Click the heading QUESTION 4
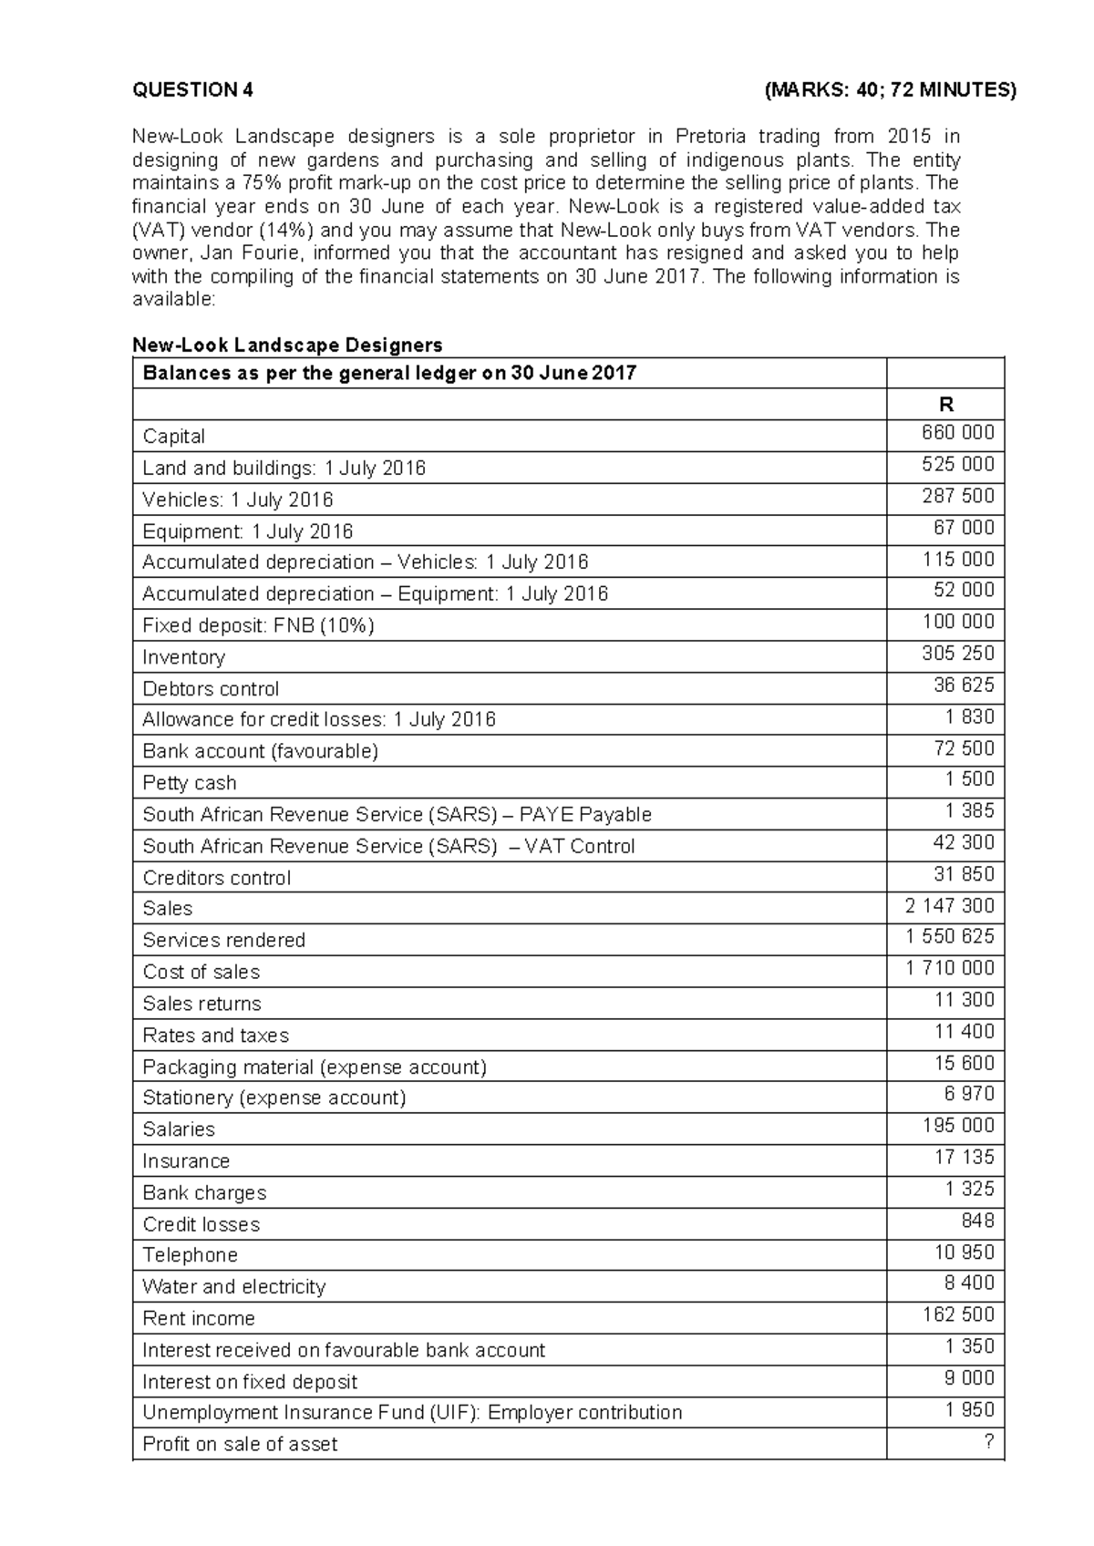point(192,89)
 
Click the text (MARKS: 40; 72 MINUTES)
point(890,89)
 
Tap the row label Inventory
point(183,657)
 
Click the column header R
point(945,405)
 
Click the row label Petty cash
point(189,783)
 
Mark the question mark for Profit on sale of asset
point(988,1442)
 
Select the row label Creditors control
point(216,878)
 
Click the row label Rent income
point(198,1318)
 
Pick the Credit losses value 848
point(977,1221)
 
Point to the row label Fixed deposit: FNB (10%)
point(258,625)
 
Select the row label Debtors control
point(211,689)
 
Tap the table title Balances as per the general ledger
point(389,373)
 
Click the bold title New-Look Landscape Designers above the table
point(287,345)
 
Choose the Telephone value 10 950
point(964,1252)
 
